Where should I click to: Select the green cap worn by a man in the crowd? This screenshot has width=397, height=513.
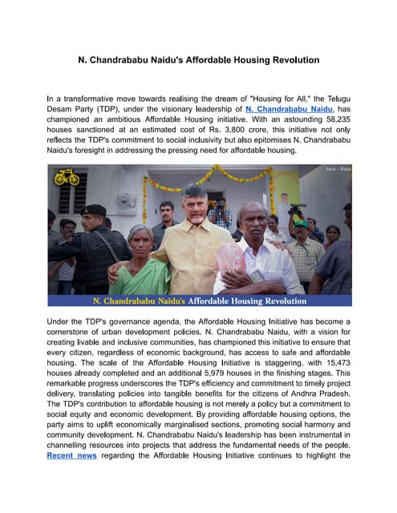[298, 212]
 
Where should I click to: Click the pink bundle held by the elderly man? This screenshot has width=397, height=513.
[232, 258]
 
